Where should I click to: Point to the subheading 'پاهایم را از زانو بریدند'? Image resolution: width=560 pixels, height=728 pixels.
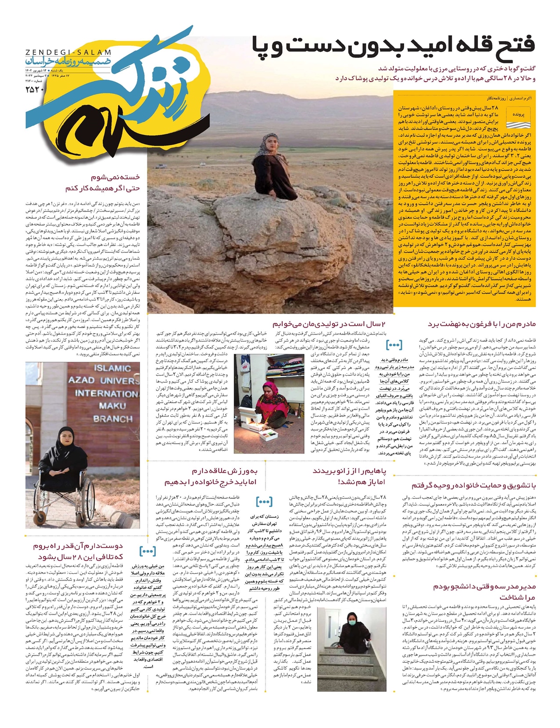pos(349,471)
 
